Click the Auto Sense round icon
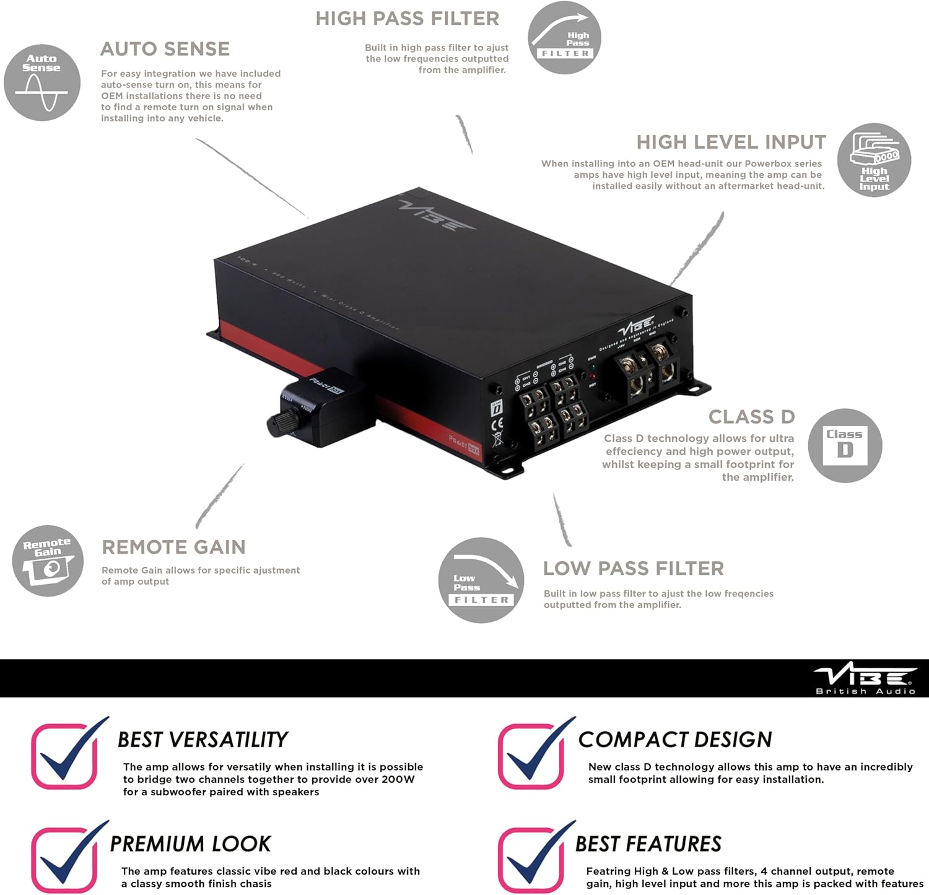[x=42, y=82]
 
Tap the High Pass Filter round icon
[x=564, y=38]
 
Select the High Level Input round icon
[x=874, y=160]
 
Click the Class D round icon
[x=845, y=445]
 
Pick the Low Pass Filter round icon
[x=481, y=580]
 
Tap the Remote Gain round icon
[x=48, y=561]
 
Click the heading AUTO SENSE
[x=165, y=49]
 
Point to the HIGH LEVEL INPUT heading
[x=731, y=142]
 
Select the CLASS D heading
[x=751, y=417]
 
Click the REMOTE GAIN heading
[x=173, y=548]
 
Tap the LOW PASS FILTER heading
[x=633, y=569]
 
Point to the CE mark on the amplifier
[x=497, y=424]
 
